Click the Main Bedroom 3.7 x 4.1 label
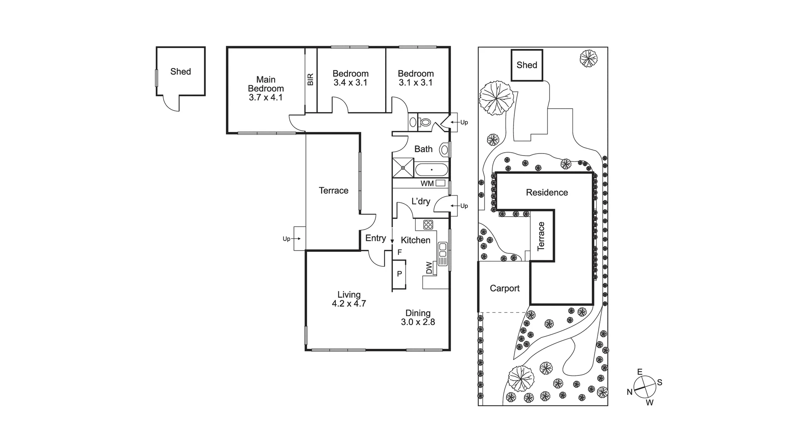point(266,88)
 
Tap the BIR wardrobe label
point(310,79)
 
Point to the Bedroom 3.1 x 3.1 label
point(416,78)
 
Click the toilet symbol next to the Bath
point(425,122)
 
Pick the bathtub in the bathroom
point(431,170)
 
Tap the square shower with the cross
point(403,167)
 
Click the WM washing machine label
point(427,183)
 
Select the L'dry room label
point(421,202)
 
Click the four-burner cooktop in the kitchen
point(428,224)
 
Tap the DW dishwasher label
point(429,269)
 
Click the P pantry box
point(399,274)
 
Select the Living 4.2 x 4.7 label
point(349,299)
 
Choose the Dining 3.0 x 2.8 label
point(418,317)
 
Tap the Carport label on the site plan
point(504,288)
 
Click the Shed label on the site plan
point(527,65)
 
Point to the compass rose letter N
point(629,392)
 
